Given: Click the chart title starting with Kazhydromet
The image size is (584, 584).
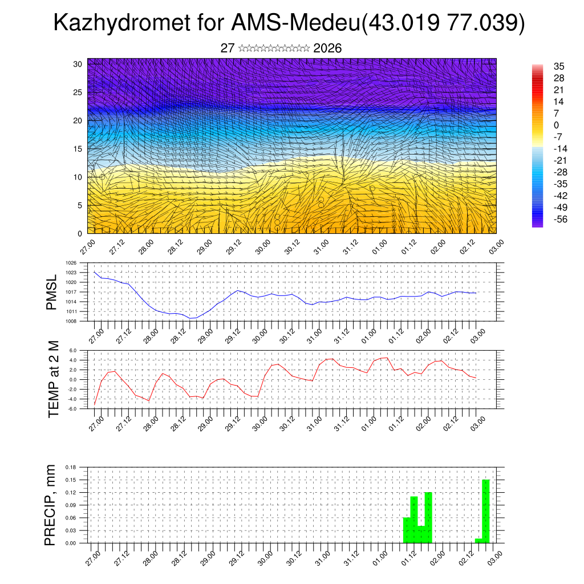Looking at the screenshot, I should click(x=289, y=23).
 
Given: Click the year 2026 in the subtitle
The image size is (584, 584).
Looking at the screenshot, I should click(x=327, y=48).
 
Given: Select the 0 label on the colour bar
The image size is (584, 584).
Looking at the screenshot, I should click(x=556, y=125).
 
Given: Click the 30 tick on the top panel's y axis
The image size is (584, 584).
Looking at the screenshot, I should click(x=78, y=64).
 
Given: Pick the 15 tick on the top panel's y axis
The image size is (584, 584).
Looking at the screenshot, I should click(x=78, y=149).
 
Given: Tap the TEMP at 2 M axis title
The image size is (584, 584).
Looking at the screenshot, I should click(x=54, y=379).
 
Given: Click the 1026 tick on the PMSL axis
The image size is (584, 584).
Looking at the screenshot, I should click(x=71, y=263).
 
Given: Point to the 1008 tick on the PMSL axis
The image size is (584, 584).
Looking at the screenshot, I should click(x=71, y=321).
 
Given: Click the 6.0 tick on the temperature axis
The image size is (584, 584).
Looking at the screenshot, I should click(x=72, y=351).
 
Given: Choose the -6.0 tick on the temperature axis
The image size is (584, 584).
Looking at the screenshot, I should click(x=72, y=408).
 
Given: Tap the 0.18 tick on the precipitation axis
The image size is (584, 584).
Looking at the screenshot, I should click(x=71, y=467).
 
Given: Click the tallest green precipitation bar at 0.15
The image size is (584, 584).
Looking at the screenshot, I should click(x=485, y=511).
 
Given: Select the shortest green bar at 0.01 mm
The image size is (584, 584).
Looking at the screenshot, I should click(x=478, y=540).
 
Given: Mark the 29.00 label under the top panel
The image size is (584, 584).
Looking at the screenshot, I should click(x=206, y=247).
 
